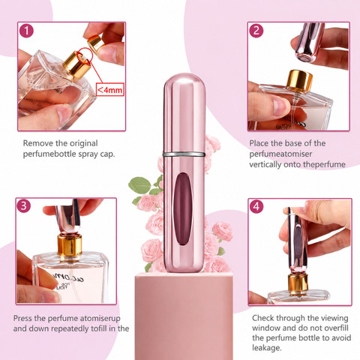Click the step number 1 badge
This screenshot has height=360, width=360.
[x=26, y=31]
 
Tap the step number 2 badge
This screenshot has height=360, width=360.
[x=256, y=31]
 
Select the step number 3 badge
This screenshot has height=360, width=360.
[x=24, y=205]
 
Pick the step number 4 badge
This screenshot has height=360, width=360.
[x=256, y=206]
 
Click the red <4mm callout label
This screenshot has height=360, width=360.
[x=110, y=89]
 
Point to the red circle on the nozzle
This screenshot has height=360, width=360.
[x=85, y=57]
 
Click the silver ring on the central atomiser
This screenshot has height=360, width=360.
[x=184, y=154]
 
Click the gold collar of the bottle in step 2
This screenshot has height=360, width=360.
[x=300, y=81]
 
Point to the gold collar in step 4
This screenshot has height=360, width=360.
[x=298, y=283]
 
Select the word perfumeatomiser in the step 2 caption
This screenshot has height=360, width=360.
[x=280, y=154]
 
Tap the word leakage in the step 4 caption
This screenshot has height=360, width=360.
[x=265, y=348]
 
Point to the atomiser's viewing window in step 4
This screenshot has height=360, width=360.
[x=298, y=241]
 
